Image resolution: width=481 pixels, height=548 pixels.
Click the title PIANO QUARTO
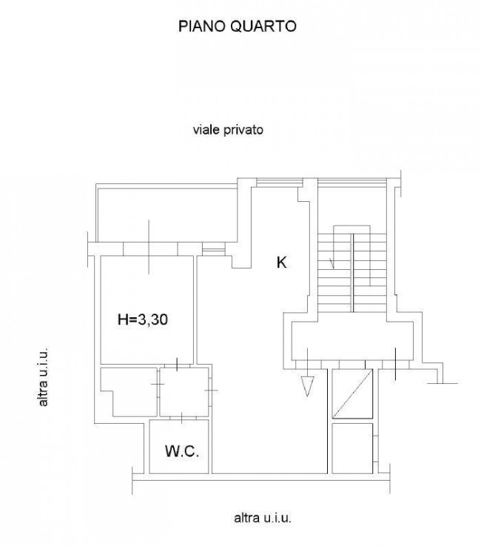(238, 26)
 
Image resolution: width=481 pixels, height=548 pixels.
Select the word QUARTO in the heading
(263, 26)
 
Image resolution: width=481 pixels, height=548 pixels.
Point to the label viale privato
(228, 130)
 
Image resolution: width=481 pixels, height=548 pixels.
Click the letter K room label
(282, 262)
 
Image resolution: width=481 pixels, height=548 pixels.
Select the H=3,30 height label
(143, 319)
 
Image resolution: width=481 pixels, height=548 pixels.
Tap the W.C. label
(182, 451)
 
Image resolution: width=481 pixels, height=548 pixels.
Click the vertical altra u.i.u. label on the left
(43, 376)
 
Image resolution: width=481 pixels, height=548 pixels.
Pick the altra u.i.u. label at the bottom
(263, 518)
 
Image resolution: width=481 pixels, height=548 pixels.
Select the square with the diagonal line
(352, 393)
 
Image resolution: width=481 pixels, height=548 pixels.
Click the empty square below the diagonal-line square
(352, 448)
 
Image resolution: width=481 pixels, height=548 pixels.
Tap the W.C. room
(179, 446)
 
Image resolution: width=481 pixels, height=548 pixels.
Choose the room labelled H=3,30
(147, 310)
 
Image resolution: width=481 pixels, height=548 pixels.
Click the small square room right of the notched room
(184, 391)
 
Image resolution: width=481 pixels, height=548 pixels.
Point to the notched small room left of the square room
(129, 392)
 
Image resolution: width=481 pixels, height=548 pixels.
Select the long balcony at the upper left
(166, 215)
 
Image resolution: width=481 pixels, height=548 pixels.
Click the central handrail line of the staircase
(352, 273)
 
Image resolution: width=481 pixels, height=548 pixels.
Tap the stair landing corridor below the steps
(352, 341)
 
